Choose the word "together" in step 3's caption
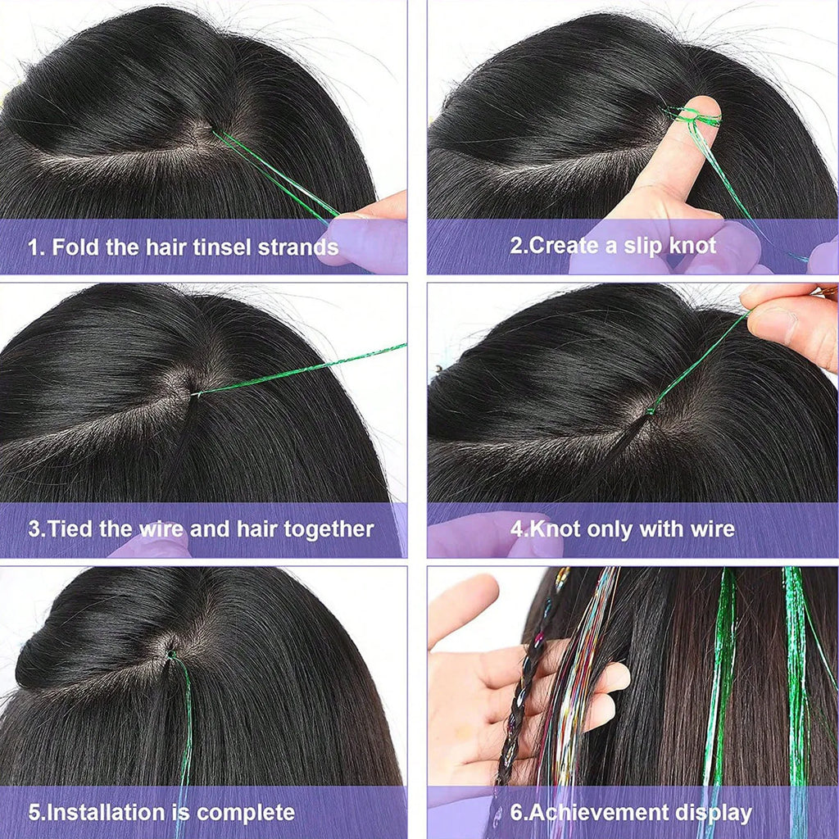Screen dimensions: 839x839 pyautogui.click(x=329, y=529)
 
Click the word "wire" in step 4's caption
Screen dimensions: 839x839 pyautogui.click(x=713, y=529)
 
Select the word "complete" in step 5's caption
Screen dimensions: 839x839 pyautogui.click(x=246, y=813)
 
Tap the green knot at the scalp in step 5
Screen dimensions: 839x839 pyautogui.click(x=171, y=654)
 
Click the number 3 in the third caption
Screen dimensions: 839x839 pyautogui.click(x=34, y=528)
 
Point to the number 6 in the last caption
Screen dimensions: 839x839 pyautogui.click(x=516, y=812)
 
